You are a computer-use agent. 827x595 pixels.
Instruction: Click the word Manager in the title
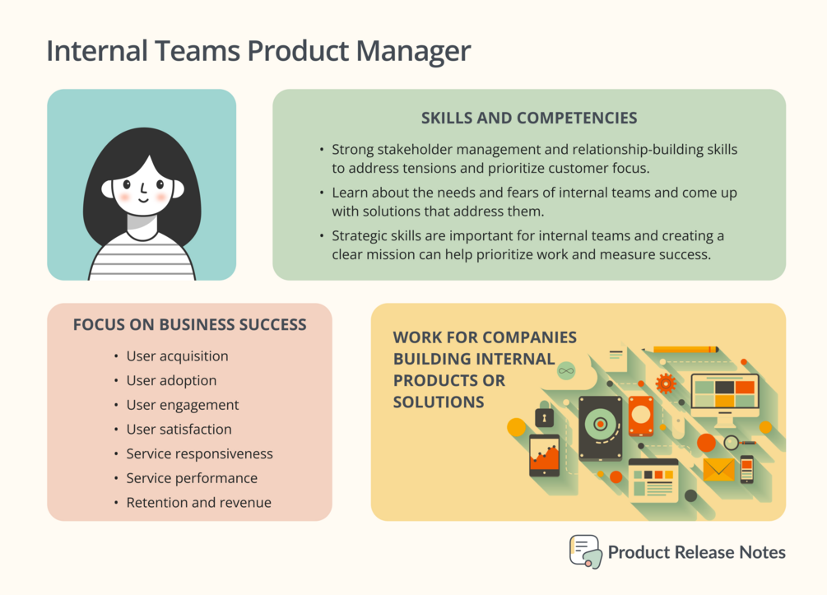tap(413, 52)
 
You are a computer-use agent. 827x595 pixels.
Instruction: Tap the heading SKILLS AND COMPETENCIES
tap(529, 118)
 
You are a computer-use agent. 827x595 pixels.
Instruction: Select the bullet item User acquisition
tap(177, 356)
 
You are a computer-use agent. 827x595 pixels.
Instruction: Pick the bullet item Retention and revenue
tap(199, 502)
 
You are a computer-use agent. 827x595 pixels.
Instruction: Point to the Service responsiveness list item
tap(199, 453)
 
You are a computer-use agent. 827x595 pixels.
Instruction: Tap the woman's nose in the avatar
tap(143, 188)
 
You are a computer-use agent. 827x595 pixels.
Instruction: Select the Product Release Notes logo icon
tap(585, 551)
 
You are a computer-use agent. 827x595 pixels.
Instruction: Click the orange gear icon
tap(666, 383)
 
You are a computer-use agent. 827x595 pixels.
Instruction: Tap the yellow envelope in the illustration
tap(718, 469)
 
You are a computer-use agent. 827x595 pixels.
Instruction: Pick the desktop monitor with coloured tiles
tap(725, 399)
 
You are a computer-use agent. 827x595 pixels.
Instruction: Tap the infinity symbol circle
tap(566, 371)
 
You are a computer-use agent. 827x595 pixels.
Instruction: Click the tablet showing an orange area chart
tap(544, 456)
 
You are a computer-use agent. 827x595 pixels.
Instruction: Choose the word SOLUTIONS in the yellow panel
tap(439, 402)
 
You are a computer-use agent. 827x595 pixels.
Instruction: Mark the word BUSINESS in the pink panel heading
tap(196, 324)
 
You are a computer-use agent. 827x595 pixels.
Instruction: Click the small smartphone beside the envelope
tap(747, 469)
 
